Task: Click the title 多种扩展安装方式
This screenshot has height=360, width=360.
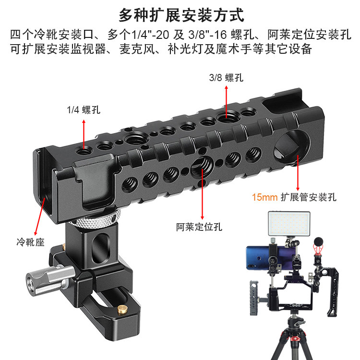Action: (x=181, y=15)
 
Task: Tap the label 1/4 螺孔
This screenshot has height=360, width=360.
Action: (x=84, y=110)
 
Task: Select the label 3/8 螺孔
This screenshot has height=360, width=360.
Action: (x=226, y=78)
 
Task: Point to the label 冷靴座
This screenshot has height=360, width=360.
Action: (x=30, y=242)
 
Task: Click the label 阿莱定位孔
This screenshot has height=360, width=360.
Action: (x=199, y=227)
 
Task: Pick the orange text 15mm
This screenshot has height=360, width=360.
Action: (x=264, y=197)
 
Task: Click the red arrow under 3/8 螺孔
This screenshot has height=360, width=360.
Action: (x=227, y=102)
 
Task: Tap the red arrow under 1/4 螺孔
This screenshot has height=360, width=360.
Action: (x=84, y=134)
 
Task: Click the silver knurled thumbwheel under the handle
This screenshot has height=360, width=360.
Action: (x=96, y=219)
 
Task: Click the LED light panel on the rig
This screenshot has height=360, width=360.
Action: (x=289, y=224)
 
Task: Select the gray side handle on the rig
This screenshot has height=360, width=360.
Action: (x=255, y=298)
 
